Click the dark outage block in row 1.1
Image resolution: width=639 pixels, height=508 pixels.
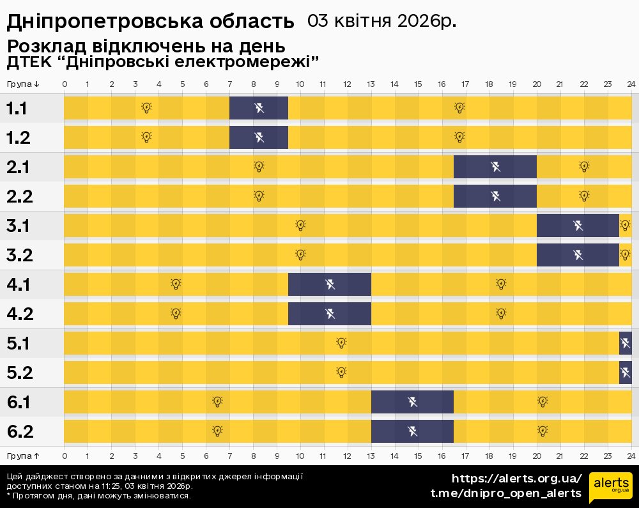[258, 108]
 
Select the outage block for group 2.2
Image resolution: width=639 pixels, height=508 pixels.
[495, 196]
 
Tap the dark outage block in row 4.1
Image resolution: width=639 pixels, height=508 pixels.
[330, 284]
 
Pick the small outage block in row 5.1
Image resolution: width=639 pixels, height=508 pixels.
[626, 343]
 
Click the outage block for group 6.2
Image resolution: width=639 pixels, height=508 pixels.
[413, 431]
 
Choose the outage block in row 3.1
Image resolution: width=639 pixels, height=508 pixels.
[578, 226]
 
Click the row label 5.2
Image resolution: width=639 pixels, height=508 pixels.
[20, 373]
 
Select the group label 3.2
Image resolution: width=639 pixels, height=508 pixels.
[20, 255]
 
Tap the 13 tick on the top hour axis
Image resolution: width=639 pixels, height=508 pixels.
[371, 84]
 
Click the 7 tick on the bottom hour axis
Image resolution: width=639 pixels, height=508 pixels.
[230, 456]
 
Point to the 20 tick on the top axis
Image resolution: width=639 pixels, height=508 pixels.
[537, 84]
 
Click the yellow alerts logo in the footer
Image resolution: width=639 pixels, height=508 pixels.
[610, 487]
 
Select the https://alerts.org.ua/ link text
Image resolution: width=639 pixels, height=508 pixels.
[517, 479]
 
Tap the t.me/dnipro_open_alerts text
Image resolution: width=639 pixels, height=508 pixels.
[506, 493]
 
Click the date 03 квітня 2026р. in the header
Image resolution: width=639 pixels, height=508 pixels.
[381, 21]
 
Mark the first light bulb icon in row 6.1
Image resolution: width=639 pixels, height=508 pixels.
[217, 402]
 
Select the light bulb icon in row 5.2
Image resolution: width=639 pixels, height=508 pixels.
[341, 373]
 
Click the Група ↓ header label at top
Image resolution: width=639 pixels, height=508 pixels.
[24, 84]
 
